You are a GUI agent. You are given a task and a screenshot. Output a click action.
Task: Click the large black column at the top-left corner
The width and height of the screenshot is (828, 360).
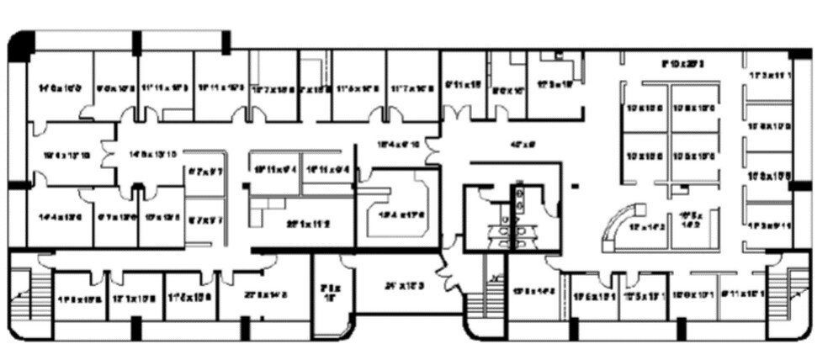point(20,45)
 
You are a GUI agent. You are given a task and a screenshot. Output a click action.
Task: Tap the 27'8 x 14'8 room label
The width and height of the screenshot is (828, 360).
point(268,294)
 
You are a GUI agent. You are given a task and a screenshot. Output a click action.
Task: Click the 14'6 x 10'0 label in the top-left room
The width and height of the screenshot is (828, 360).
point(58,87)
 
